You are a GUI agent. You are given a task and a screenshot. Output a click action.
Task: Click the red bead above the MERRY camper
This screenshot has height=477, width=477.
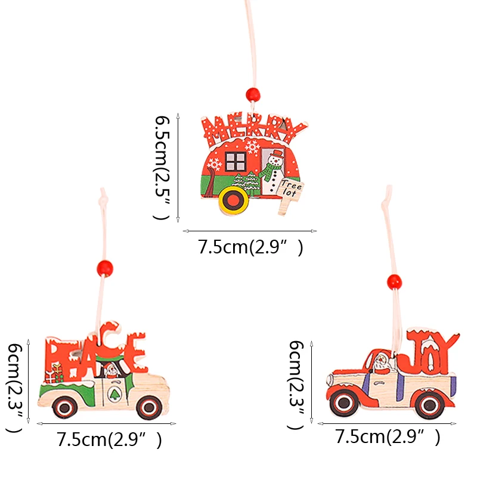253,94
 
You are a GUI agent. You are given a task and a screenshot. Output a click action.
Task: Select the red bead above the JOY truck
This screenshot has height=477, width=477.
393,280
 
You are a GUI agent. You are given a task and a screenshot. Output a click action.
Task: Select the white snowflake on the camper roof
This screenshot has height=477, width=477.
252,145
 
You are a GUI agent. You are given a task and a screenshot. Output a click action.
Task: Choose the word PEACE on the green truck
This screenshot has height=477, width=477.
95,354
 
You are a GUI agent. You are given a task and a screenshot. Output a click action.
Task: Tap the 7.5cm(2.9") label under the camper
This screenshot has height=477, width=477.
250,247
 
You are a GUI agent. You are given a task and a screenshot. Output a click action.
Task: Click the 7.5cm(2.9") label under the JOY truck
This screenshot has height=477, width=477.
388,437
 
